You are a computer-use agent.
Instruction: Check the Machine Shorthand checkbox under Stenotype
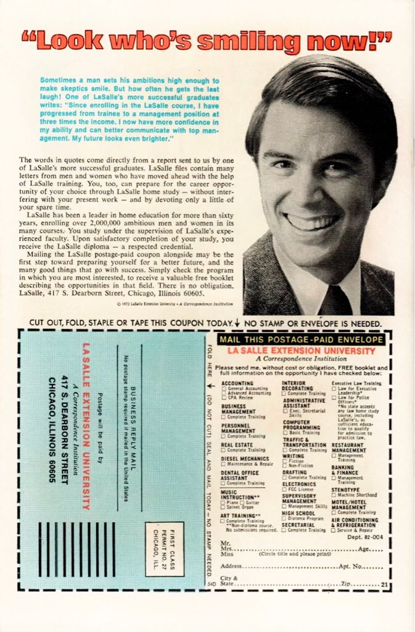334,495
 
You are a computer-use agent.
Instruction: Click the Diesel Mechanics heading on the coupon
244,459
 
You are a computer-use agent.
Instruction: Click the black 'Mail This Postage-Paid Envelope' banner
302,339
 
